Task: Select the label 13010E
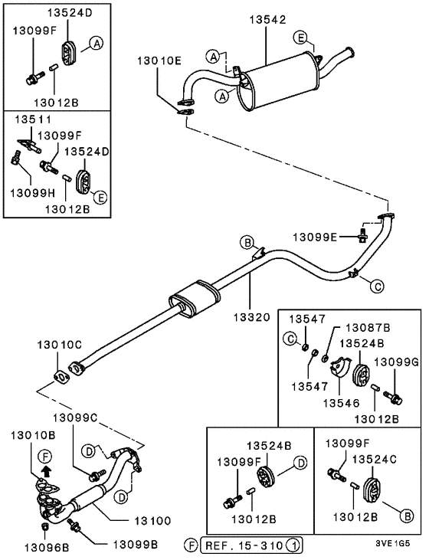(x=159, y=61)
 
